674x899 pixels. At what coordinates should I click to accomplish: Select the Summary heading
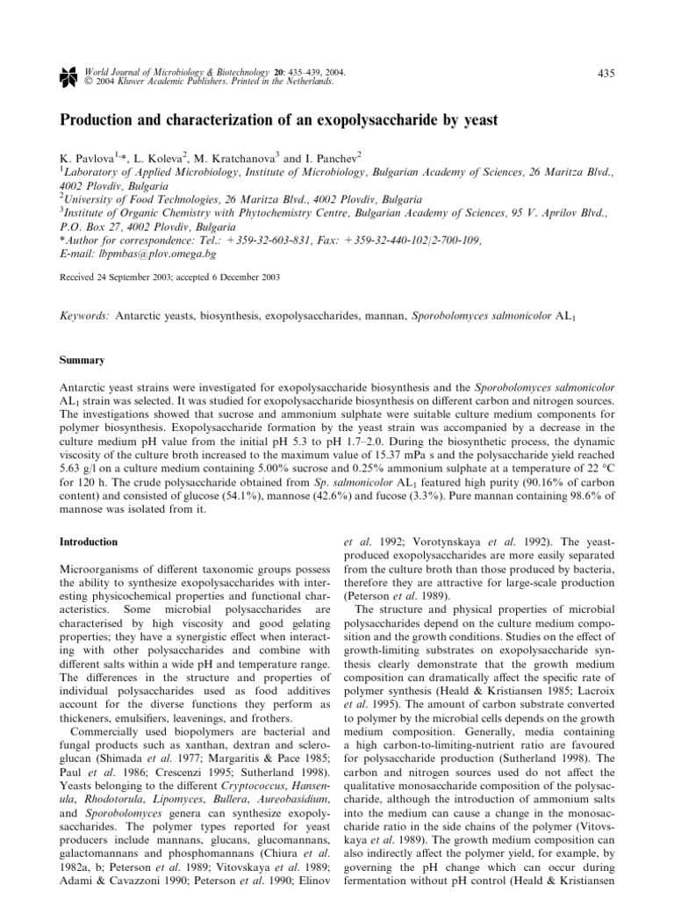point(81,360)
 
